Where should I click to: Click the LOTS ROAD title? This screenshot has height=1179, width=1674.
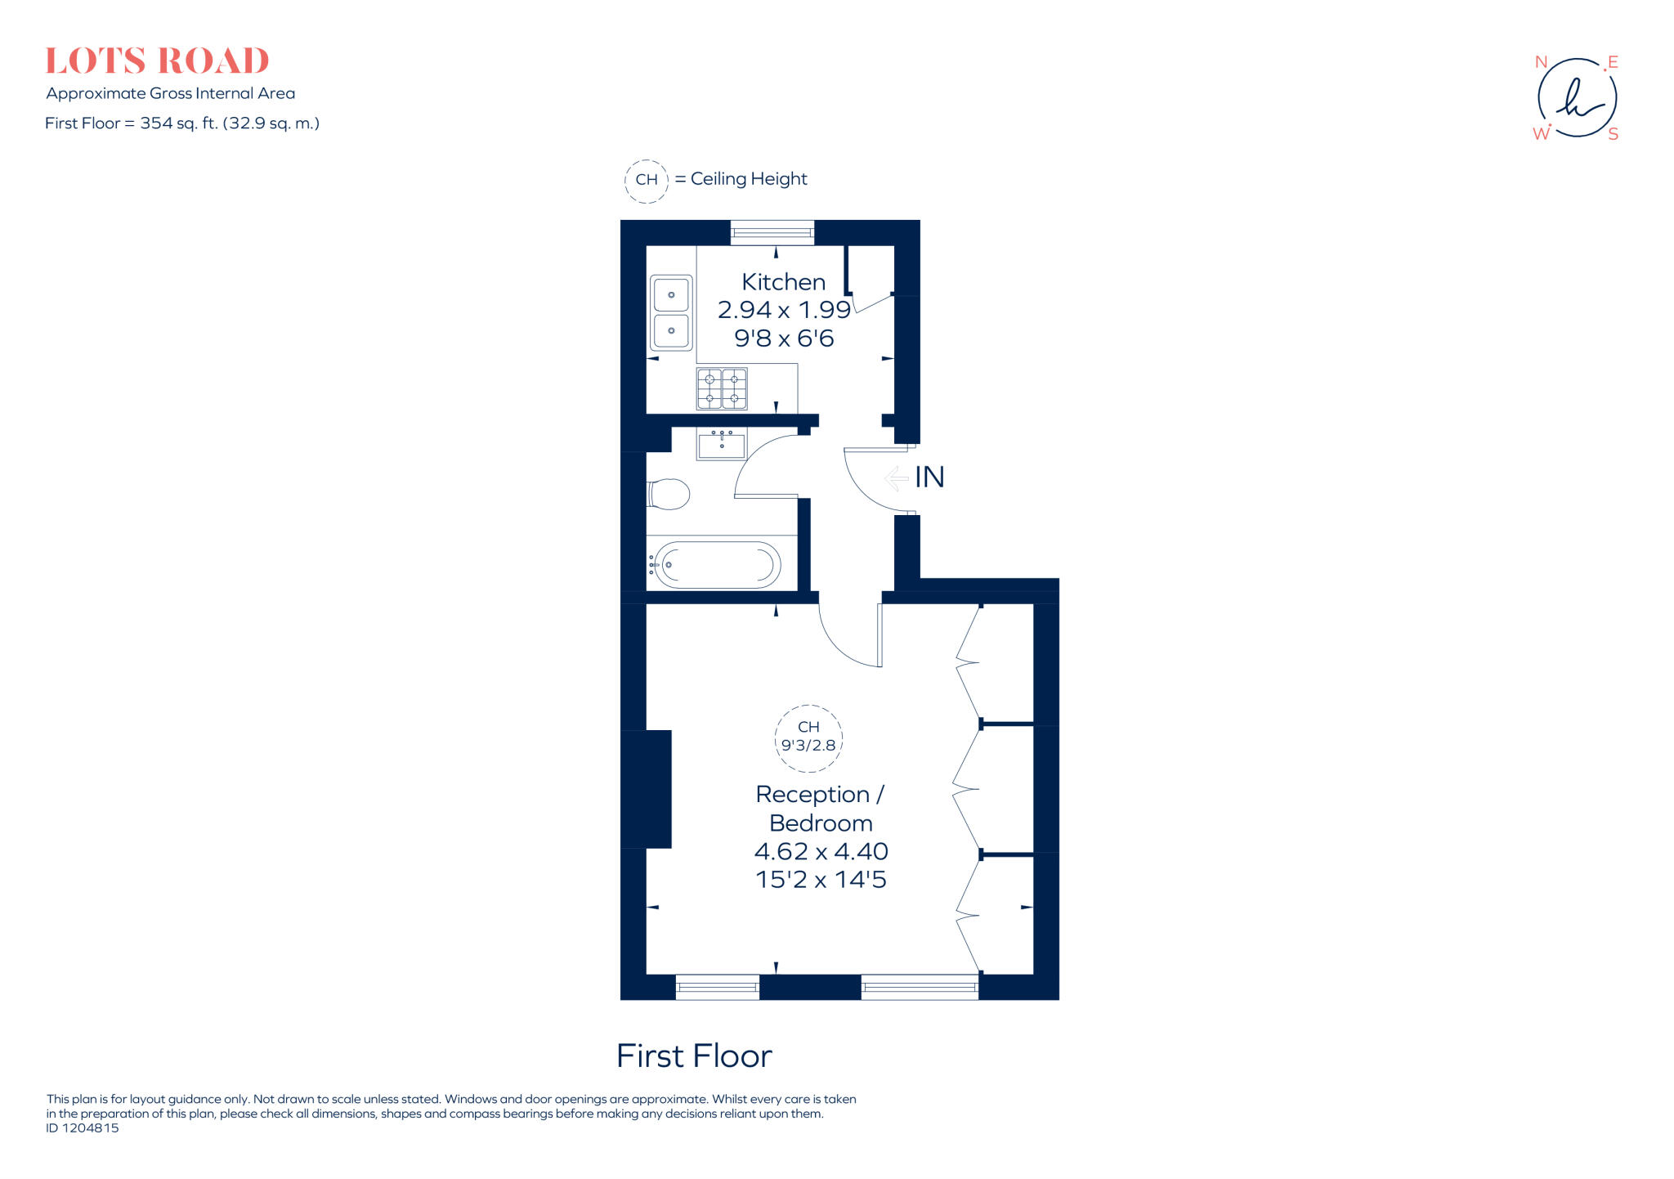157,61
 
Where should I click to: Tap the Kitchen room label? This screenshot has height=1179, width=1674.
783,282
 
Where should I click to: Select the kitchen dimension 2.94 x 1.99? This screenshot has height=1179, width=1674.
784,310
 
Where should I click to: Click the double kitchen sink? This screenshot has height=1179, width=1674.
671,313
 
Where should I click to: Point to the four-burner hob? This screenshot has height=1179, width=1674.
722,388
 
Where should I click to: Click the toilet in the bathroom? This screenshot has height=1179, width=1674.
669,494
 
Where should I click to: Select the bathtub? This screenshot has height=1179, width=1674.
718,564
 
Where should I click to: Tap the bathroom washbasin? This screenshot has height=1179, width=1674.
722,445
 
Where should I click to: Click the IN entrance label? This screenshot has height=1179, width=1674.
929,477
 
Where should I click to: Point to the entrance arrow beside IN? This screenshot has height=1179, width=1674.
897,477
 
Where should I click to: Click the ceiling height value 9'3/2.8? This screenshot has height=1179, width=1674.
808,746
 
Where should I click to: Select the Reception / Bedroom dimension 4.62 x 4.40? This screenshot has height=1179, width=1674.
821,851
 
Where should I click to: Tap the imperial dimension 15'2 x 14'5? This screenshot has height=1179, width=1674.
821,880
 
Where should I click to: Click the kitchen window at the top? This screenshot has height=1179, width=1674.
772,233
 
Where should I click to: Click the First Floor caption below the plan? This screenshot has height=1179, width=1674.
694,1056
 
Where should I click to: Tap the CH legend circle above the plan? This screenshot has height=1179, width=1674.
647,180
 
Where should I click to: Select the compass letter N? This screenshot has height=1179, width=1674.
1541,62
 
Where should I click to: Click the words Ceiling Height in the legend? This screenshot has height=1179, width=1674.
749,179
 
